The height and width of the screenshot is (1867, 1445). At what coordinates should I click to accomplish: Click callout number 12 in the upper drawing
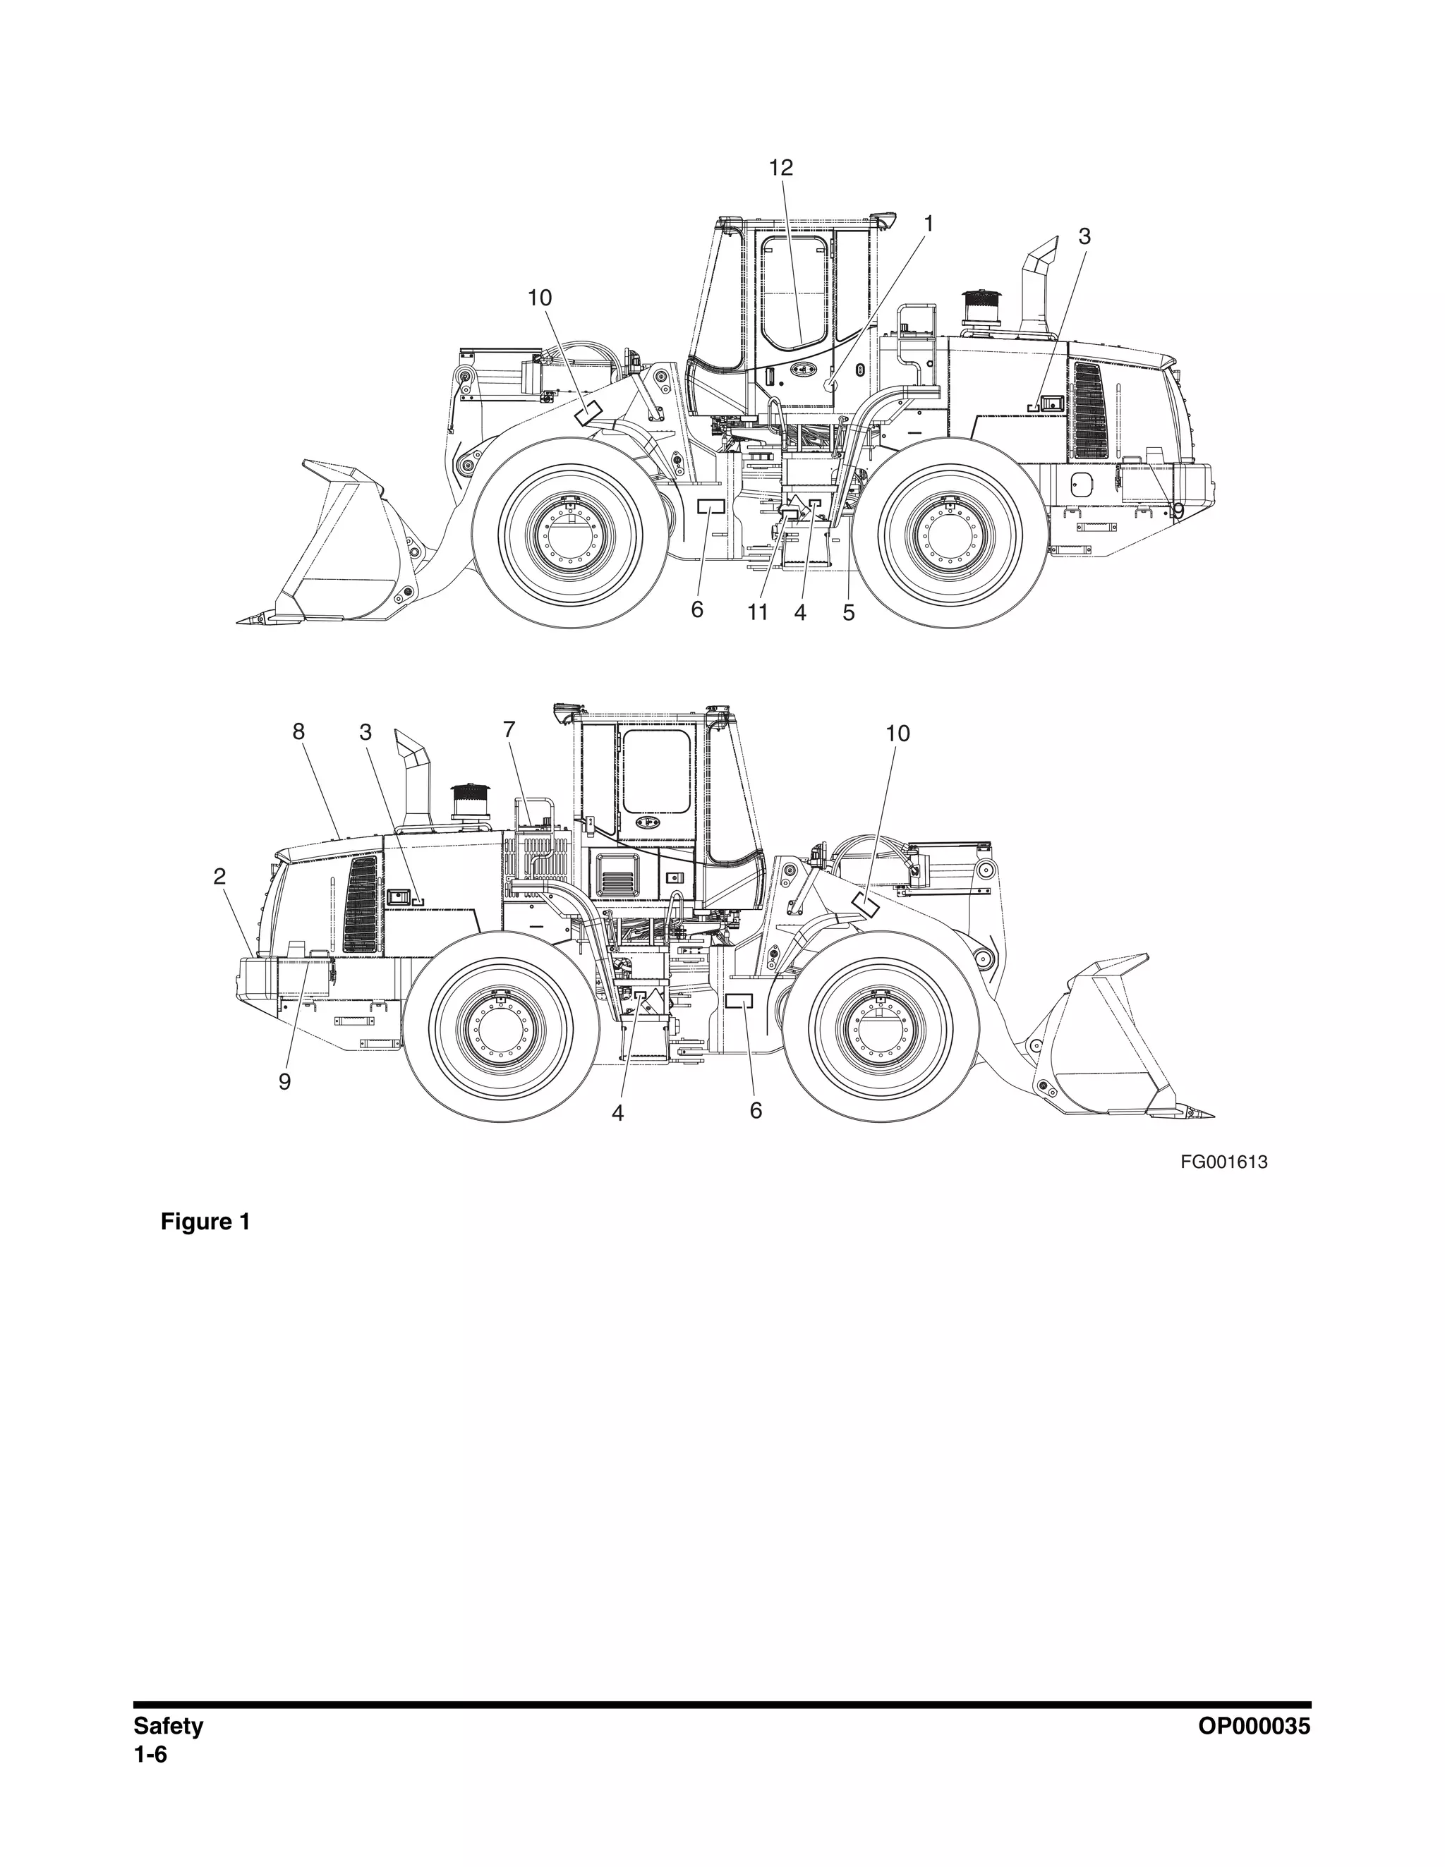(x=780, y=169)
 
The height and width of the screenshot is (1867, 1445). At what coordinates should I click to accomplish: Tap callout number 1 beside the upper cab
(x=928, y=224)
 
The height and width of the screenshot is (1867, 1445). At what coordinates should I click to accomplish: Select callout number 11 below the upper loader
(x=758, y=612)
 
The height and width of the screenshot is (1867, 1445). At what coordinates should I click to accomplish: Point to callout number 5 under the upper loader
(x=848, y=612)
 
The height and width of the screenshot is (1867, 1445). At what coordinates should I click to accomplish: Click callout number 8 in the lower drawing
(x=298, y=731)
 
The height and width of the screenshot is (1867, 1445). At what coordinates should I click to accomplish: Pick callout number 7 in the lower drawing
(x=509, y=730)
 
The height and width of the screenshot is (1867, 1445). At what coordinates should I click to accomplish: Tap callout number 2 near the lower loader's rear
(x=219, y=876)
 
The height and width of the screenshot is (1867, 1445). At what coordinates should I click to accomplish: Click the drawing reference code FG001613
(x=1223, y=1162)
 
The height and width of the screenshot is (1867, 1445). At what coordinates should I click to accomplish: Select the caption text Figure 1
(x=205, y=1222)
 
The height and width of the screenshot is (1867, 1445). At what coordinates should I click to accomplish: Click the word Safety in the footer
(x=169, y=1726)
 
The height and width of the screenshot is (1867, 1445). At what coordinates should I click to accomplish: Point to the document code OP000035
(x=1254, y=1726)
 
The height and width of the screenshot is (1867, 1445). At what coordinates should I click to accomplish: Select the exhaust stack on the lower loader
(x=413, y=778)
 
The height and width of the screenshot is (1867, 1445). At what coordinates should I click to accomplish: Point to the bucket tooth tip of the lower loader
(x=1208, y=1114)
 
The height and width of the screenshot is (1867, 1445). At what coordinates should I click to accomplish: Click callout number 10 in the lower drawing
(x=897, y=734)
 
